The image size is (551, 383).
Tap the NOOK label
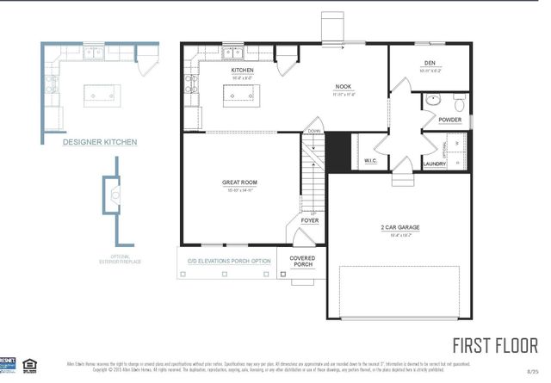344,87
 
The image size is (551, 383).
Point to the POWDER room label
449,120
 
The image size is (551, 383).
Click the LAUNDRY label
434,164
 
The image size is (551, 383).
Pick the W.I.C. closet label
371,160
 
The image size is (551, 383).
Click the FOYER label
310,220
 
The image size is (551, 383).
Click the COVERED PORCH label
301,261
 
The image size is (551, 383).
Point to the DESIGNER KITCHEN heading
100,143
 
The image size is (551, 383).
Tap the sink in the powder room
456,99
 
